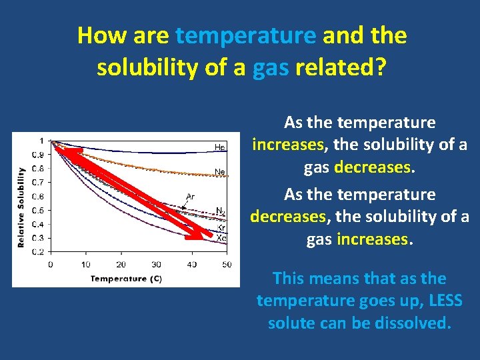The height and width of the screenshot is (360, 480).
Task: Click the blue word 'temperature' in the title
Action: click(x=246, y=35)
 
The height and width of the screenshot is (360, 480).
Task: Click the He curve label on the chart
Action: click(x=219, y=147)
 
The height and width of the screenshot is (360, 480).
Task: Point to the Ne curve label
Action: click(x=219, y=172)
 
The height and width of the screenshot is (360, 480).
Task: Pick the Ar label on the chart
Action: click(x=191, y=196)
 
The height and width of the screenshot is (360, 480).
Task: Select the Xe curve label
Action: click(x=221, y=237)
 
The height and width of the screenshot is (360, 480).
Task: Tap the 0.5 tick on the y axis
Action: click(x=39, y=210)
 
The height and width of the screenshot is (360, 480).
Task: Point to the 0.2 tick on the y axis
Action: click(x=39, y=252)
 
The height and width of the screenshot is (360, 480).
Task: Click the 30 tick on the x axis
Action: click(x=156, y=265)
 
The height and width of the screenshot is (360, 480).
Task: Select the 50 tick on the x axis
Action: click(x=227, y=265)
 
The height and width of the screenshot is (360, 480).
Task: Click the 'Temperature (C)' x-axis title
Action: click(x=126, y=278)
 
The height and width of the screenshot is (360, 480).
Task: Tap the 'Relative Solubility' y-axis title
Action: click(x=21, y=207)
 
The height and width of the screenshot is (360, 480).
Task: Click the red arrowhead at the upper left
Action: click(x=61, y=151)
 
